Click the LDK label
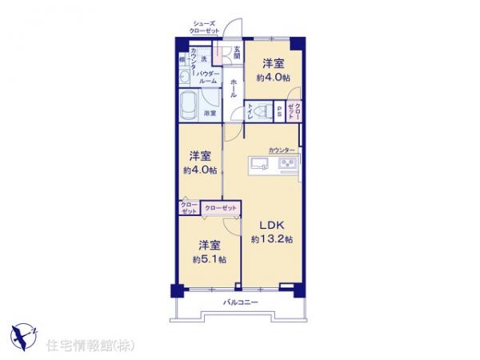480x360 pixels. (268, 226)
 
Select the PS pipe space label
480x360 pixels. (279, 113)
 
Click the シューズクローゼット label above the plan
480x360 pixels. (205, 27)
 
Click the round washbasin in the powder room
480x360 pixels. (185, 77)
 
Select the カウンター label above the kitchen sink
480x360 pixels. (281, 150)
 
